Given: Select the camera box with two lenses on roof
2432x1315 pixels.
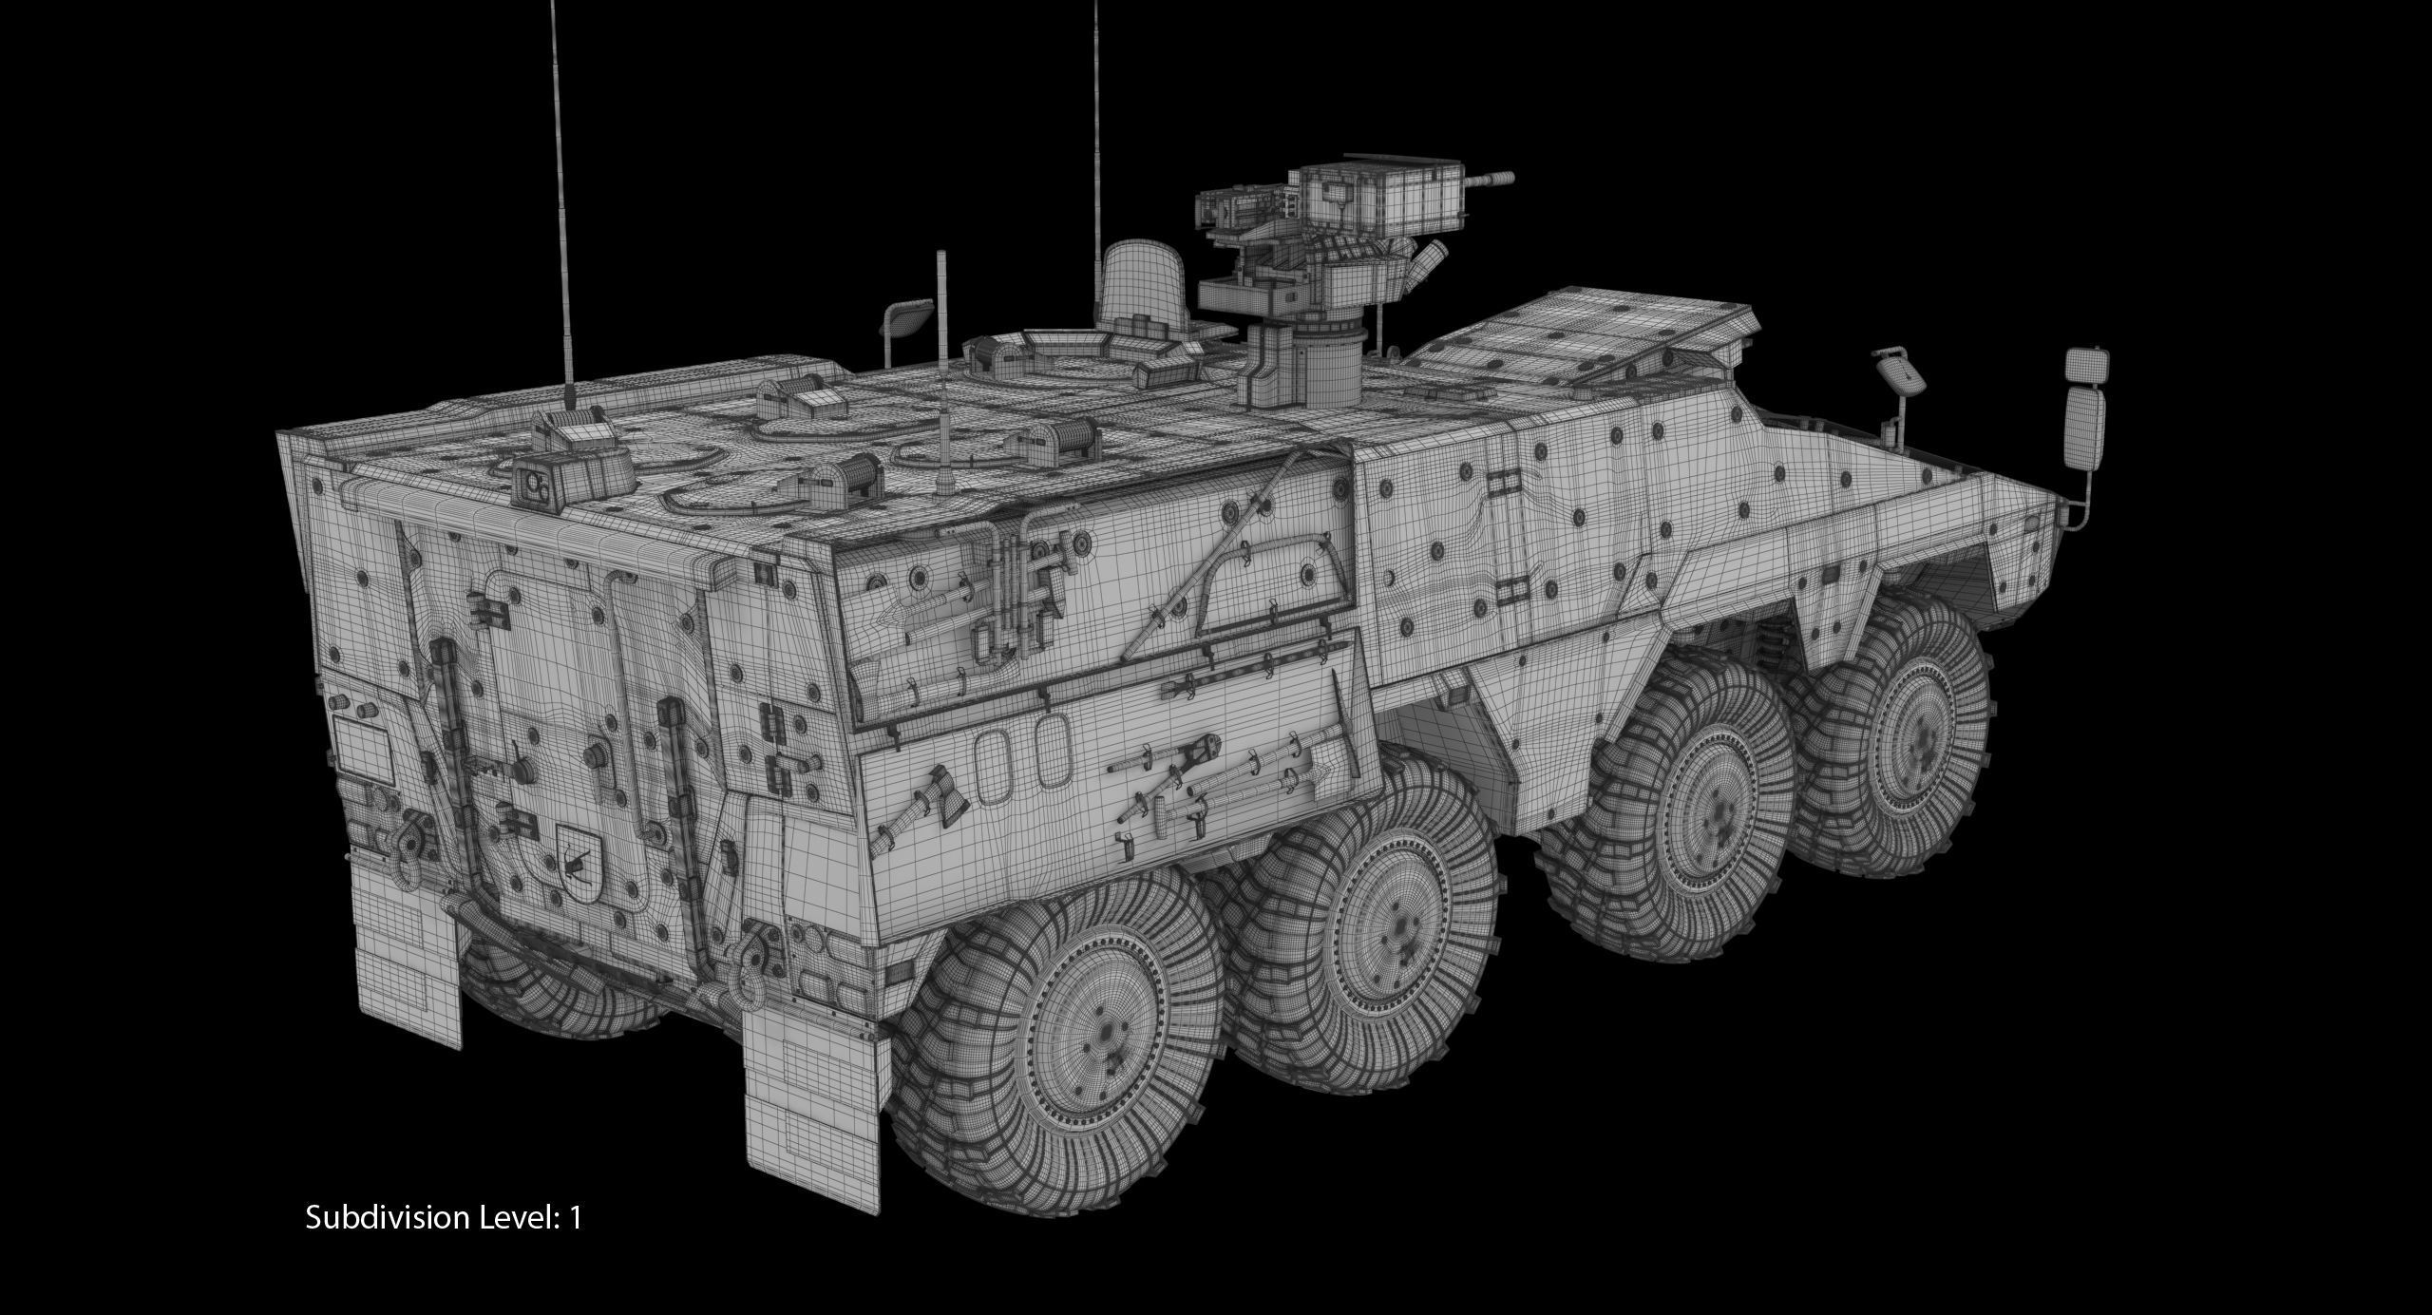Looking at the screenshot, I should pyautogui.click(x=537, y=487).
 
